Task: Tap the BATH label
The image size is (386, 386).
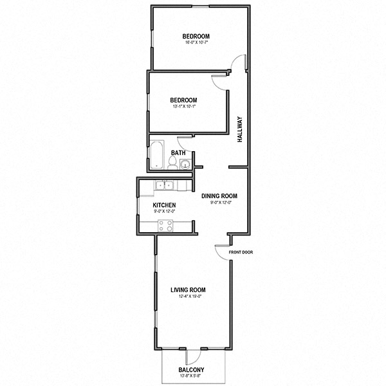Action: (179, 153)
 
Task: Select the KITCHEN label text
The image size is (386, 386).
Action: (164, 205)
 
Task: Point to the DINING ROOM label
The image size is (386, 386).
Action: (219, 196)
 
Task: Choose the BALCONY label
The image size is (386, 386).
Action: (191, 369)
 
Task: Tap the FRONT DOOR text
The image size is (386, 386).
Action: (242, 252)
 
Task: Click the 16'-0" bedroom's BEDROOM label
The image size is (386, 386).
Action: (196, 36)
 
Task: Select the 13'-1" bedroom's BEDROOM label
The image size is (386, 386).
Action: (183, 100)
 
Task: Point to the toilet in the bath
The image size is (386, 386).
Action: (172, 161)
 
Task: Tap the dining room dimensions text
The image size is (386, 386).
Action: (219, 203)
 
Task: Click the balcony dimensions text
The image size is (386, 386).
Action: (191, 376)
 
